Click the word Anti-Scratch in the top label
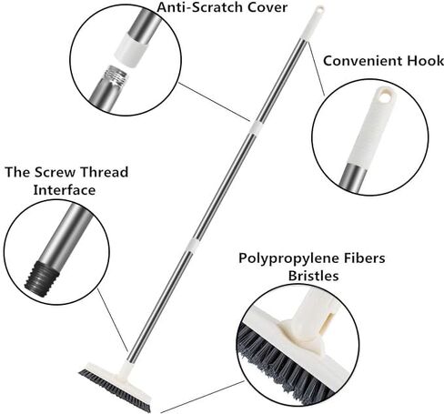[x=200, y=7]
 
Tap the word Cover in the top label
[x=267, y=7]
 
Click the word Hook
[x=426, y=61]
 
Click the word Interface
[x=65, y=190]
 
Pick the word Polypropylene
[x=289, y=258]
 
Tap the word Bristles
[x=313, y=276]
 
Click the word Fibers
[x=365, y=258]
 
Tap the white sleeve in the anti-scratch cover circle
[x=134, y=48]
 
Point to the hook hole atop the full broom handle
[x=319, y=9]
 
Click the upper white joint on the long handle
[x=255, y=126]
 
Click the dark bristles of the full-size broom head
[x=115, y=389]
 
